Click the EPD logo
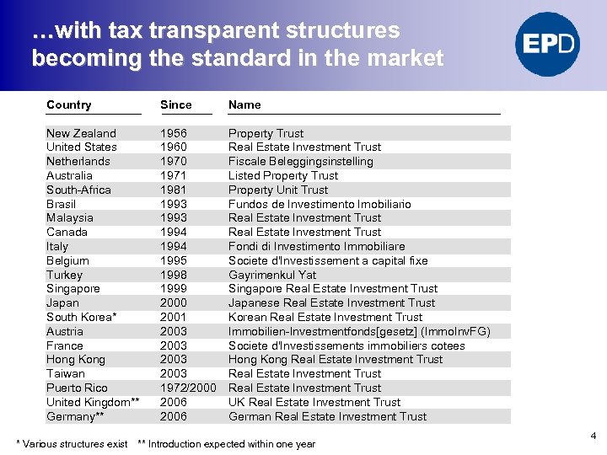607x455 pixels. [549, 45]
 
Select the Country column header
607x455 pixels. [69, 105]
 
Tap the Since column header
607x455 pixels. [176, 105]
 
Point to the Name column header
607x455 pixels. [244, 105]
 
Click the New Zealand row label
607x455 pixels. [81, 133]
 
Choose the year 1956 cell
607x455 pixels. [174, 133]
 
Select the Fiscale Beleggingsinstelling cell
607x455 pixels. [300, 161]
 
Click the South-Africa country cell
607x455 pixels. [78, 190]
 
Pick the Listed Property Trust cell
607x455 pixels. [282, 175]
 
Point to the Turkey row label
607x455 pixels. [64, 275]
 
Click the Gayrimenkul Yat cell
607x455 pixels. [272, 275]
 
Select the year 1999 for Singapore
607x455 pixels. [174, 289]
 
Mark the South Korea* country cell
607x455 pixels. [81, 317]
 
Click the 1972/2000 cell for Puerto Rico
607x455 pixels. [188, 388]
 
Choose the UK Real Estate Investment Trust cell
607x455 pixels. [314, 402]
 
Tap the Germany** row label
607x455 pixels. [75, 416]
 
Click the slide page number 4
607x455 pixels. [594, 436]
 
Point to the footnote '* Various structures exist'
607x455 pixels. [73, 444]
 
